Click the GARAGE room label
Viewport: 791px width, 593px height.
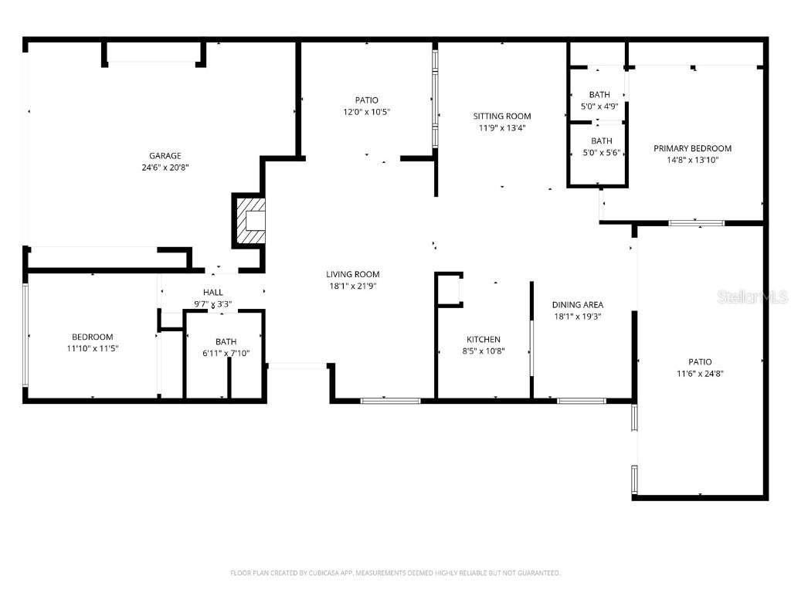165,156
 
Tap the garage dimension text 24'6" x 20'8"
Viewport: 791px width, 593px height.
165,168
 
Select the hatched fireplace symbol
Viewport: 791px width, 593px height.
251,221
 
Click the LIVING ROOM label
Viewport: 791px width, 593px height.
352,274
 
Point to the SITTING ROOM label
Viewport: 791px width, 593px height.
502,116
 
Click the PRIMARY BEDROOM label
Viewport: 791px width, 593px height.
693,148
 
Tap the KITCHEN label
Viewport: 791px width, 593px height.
484,340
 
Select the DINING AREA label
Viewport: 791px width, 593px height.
578,304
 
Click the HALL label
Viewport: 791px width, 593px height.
213,292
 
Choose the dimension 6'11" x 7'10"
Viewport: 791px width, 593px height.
226,353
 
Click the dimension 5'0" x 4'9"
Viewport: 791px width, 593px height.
599,107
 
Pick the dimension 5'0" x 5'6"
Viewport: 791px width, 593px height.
601,152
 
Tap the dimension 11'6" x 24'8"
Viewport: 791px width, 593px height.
700,374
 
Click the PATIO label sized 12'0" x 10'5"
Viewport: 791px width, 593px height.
366,100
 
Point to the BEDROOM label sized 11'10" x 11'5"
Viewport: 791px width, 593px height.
93,337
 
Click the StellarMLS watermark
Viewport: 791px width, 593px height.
752,296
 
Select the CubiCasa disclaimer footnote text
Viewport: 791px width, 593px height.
395,573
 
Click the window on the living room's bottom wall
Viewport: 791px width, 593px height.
390,401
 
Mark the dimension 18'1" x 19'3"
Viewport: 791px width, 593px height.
578,317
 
